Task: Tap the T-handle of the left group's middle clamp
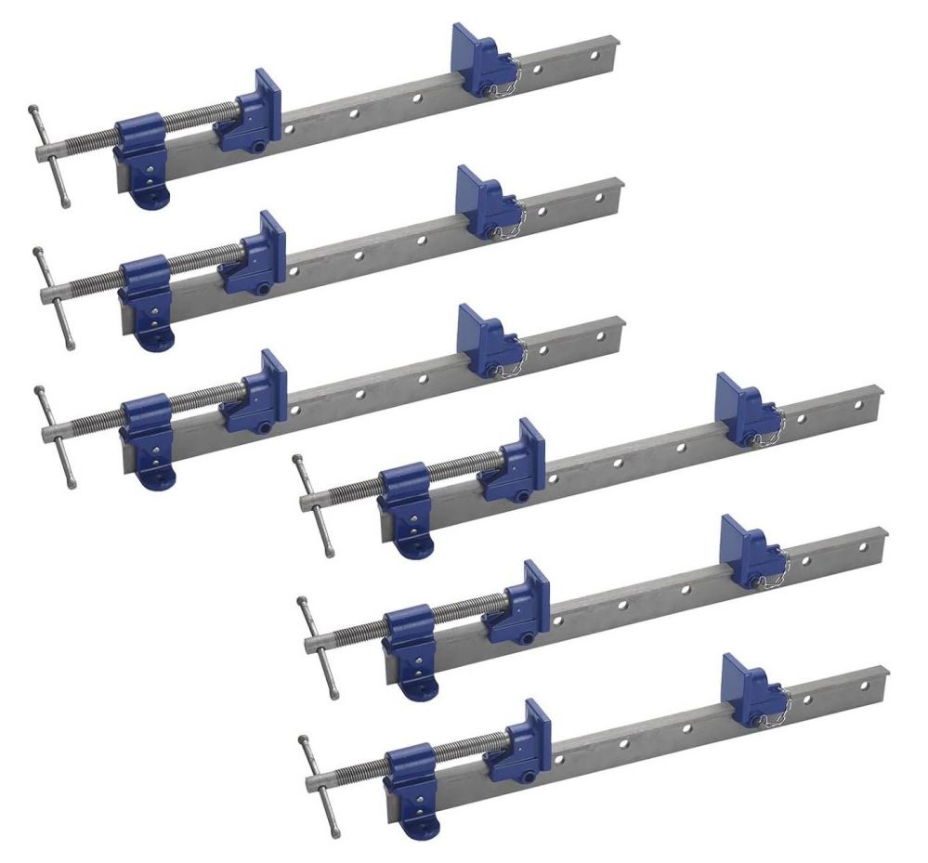(x=53, y=296)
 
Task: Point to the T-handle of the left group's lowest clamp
(x=54, y=431)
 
